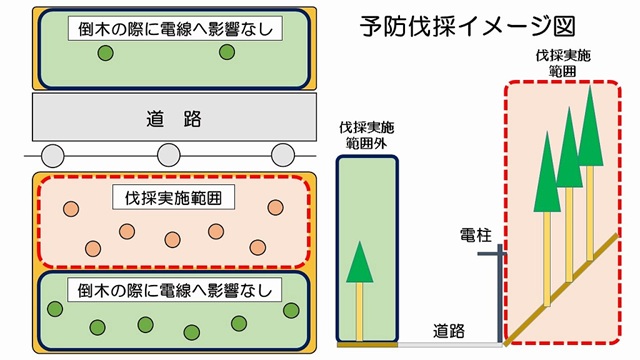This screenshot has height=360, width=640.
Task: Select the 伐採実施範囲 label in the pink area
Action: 167,198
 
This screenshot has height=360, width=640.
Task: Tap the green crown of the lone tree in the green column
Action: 360,262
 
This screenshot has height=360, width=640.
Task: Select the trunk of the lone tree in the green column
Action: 360,311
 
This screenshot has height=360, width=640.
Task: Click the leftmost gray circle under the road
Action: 52,155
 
